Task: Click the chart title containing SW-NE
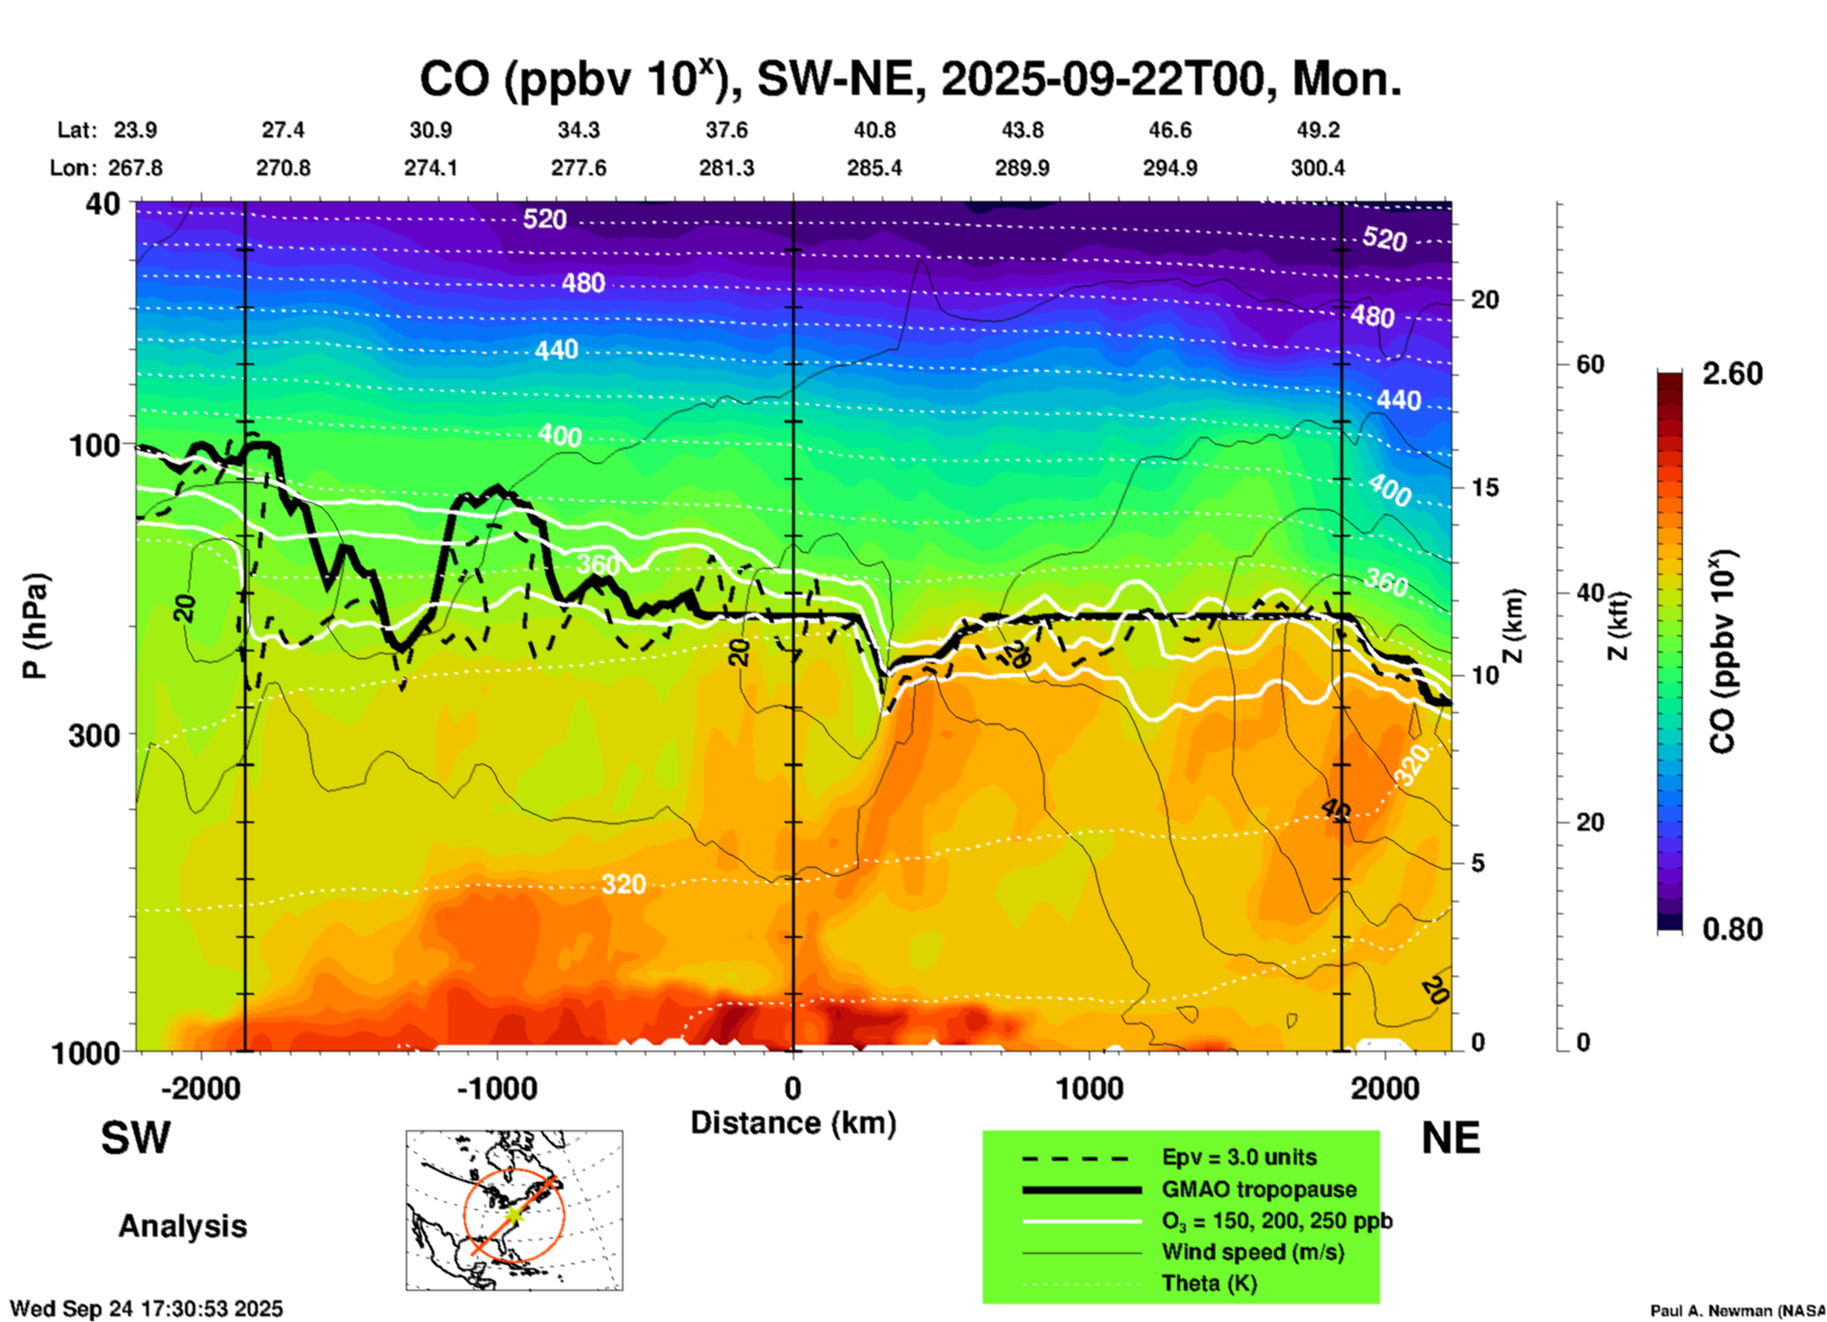(x=911, y=80)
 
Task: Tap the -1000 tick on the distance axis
(x=497, y=1089)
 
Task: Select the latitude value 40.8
(x=874, y=130)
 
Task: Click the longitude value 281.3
(x=727, y=168)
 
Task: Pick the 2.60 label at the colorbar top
(x=1732, y=374)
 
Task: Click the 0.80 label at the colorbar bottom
(x=1732, y=929)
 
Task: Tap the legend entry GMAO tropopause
(x=1259, y=1189)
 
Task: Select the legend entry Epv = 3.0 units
(x=1239, y=1158)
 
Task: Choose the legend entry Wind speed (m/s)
(x=1252, y=1252)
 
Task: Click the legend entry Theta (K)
(x=1209, y=1283)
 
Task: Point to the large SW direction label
(x=136, y=1138)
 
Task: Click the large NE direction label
(x=1450, y=1138)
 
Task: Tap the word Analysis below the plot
(x=182, y=1226)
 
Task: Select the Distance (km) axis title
(x=793, y=1123)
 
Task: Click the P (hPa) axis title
(x=35, y=626)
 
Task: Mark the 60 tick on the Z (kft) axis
(x=1590, y=364)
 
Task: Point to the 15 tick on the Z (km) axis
(x=1485, y=487)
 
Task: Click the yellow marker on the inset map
(x=513, y=1214)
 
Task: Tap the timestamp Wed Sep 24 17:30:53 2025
(x=146, y=1309)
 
